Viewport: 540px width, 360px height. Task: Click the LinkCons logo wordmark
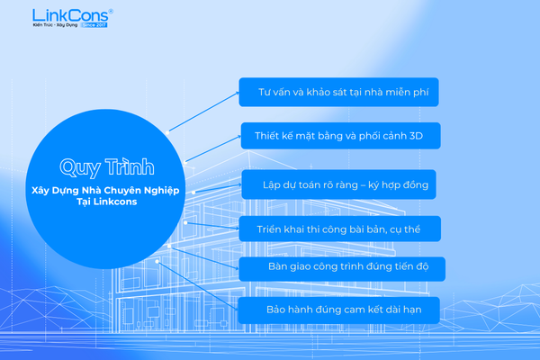click(70, 15)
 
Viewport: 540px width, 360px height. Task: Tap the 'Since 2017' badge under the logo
click(94, 25)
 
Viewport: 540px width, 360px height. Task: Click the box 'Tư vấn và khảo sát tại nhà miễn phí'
click(339, 92)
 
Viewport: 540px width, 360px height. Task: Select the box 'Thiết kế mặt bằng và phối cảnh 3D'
click(340, 136)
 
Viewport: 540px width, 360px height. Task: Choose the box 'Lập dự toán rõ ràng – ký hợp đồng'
click(339, 184)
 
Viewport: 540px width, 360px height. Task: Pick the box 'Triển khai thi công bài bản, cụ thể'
click(340, 229)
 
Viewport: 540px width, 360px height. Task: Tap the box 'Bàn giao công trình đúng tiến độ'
click(342, 269)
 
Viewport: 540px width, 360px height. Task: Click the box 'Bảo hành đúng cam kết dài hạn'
click(339, 310)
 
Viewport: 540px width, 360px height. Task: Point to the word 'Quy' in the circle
click(80, 167)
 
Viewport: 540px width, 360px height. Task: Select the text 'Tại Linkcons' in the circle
click(107, 202)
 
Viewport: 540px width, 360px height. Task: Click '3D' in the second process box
click(416, 136)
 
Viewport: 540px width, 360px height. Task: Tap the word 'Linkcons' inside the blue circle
click(115, 202)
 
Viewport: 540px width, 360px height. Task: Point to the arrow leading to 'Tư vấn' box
click(203, 112)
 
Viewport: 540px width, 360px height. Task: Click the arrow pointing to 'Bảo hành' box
click(197, 285)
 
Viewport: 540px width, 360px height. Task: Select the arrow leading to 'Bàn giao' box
click(204, 257)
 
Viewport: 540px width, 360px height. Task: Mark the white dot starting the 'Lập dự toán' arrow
click(193, 193)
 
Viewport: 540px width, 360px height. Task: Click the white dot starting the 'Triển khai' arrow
click(185, 223)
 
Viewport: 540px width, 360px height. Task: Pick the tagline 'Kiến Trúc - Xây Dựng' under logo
click(55, 25)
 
